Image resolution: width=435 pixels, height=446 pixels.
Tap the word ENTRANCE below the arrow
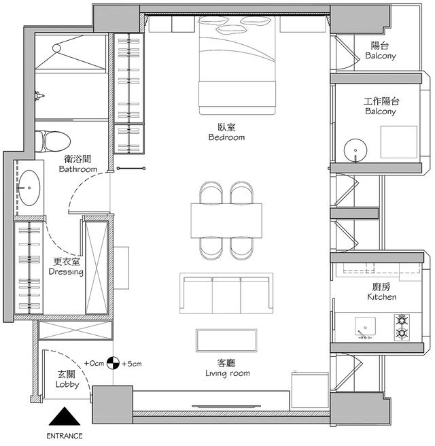tap(65, 436)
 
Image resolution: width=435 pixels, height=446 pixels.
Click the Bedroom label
tap(226, 137)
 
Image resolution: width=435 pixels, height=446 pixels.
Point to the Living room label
tap(228, 373)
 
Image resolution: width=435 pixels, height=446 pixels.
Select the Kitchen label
tap(382, 297)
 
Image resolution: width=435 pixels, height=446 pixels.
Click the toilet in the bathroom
tap(52, 141)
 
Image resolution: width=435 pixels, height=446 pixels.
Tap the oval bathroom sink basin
tap(29, 188)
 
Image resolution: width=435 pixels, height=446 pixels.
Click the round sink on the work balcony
tap(355, 150)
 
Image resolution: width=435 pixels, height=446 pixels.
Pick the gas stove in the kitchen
tap(402, 328)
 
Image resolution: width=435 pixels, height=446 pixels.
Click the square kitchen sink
tap(365, 326)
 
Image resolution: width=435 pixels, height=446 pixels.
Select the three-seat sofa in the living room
tap(226, 294)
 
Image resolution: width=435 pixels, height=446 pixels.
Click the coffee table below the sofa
tap(226, 341)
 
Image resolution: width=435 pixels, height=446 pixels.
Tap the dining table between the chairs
tap(226, 221)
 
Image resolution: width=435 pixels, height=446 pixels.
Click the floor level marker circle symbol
tap(113, 363)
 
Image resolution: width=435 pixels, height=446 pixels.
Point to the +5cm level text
tap(132, 364)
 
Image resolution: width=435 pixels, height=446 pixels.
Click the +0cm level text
tap(94, 363)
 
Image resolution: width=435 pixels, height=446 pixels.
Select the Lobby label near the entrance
tap(67, 384)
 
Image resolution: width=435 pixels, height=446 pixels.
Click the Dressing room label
tap(66, 272)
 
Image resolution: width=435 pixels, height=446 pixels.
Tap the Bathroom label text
tap(78, 169)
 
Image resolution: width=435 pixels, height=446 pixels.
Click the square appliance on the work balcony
tap(399, 142)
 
